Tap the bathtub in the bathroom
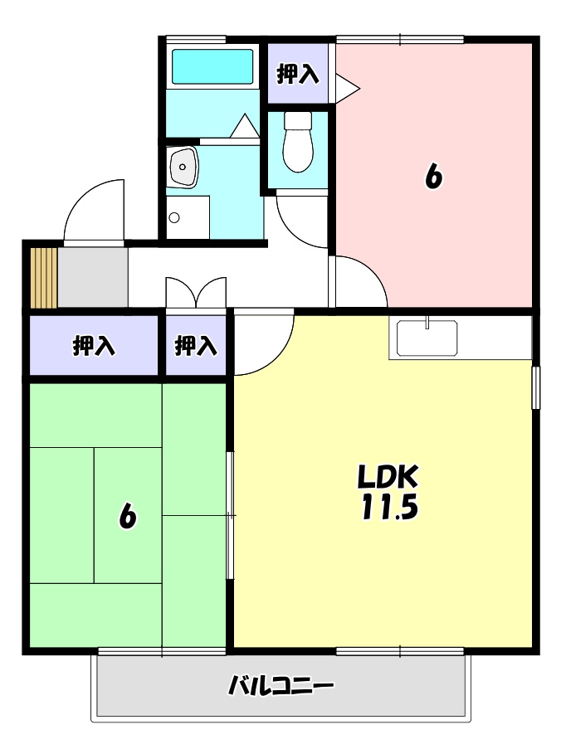tap(212, 66)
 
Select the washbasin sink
tap(183, 167)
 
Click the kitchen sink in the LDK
tap(427, 338)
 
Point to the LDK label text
tap(388, 476)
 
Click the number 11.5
tap(389, 507)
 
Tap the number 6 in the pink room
tap(433, 177)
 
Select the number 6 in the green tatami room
tap(128, 516)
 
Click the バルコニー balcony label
tap(281, 685)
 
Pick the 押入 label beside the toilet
tap(298, 74)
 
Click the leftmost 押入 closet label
tap(94, 345)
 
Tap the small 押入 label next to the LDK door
tap(196, 345)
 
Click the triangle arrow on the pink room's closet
tap(347, 88)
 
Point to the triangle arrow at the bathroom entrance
tap(245, 125)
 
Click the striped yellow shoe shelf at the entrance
tap(44, 277)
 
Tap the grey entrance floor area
tap(93, 277)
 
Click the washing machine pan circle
tap(174, 218)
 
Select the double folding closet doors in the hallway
tap(196, 292)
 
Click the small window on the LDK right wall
tap(535, 387)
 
